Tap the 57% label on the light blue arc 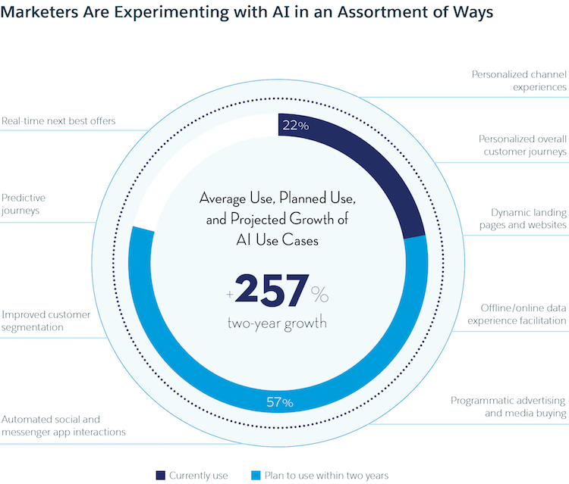278,402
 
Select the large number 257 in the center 272,291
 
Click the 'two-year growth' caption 278,323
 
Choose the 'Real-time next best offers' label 58,120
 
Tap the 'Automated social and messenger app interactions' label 63,426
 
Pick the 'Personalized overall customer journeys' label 522,145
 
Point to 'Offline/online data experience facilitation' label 523,314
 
